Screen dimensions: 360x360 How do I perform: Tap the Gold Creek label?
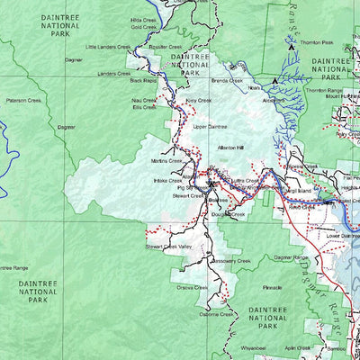tap(143, 27)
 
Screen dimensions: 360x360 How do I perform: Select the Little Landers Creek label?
tap(108, 47)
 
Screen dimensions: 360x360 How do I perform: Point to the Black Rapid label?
tap(144, 80)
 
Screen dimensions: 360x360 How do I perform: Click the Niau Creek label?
tap(144, 101)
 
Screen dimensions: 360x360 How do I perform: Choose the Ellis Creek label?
tap(144, 107)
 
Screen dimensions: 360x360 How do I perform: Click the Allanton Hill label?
tap(231, 148)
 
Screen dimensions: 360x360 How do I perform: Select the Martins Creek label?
tap(166, 160)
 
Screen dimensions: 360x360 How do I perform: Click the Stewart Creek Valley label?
tap(168, 246)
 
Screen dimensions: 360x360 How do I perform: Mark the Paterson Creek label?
tap(23, 101)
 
